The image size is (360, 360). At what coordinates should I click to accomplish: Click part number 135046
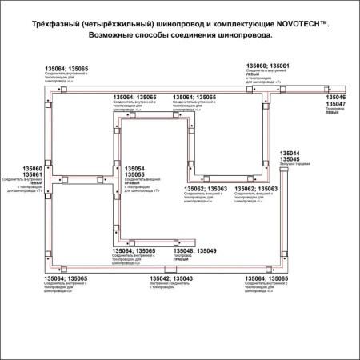(336, 98)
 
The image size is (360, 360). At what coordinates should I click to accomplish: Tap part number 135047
(336, 105)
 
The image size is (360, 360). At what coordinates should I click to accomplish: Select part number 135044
(290, 153)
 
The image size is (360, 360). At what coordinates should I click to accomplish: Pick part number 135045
(290, 159)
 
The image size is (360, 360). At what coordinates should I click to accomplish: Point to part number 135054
(134, 168)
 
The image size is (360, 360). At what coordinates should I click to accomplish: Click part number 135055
(134, 174)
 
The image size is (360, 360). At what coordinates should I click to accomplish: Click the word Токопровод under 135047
(334, 110)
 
